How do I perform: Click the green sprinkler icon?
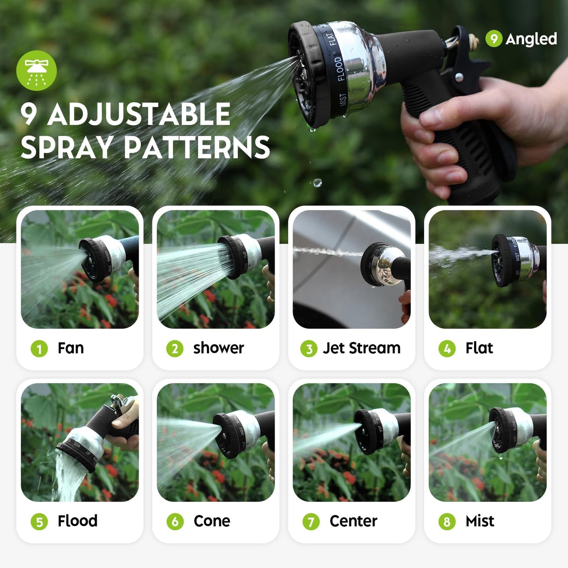(36, 71)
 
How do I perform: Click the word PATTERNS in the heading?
(197, 148)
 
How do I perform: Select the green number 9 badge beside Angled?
(494, 39)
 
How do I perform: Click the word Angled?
(531, 39)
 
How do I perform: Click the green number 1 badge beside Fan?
(39, 349)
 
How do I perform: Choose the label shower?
(219, 348)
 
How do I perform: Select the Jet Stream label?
(361, 348)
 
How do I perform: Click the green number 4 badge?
(447, 349)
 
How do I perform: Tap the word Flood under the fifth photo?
(77, 521)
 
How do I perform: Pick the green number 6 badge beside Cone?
(175, 522)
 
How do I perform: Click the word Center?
(353, 521)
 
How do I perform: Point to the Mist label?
(480, 521)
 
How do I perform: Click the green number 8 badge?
(447, 522)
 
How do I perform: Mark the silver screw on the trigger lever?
(459, 77)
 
